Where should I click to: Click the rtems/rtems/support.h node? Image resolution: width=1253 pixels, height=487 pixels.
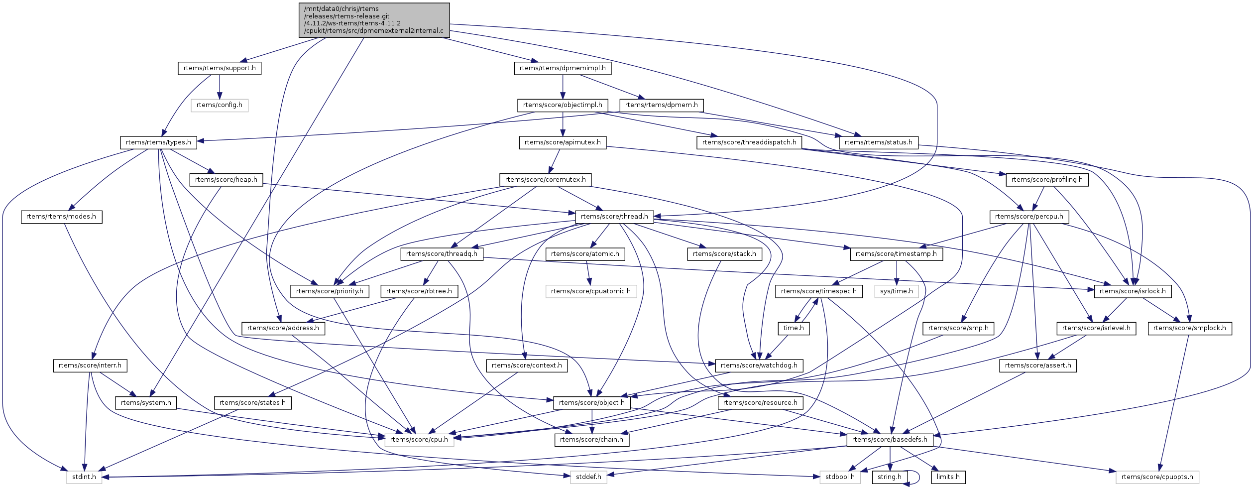pos(219,68)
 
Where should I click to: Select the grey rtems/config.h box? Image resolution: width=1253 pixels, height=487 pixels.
pos(219,105)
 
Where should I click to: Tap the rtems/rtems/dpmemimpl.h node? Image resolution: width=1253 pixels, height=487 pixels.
pos(563,68)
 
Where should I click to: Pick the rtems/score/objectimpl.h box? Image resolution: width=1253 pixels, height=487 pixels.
pos(563,105)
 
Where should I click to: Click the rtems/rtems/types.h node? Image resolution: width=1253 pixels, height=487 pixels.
pos(158,142)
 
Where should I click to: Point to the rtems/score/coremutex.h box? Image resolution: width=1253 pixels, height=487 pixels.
pos(545,180)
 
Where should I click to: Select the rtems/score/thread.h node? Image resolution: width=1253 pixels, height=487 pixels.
pos(614,217)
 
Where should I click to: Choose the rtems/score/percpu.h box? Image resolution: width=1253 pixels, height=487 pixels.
pos(1029,217)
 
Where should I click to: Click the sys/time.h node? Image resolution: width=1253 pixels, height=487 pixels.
pos(896,291)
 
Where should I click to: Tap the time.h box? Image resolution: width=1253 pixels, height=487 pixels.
pos(794,328)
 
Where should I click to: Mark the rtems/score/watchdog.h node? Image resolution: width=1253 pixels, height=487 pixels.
pos(759,365)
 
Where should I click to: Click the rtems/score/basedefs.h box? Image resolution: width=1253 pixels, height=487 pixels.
pos(890,440)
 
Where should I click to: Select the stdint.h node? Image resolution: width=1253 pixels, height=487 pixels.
pos(84,477)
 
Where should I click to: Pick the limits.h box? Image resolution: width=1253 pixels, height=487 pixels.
pos(948,477)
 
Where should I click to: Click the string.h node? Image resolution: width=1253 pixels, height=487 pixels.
pos(889,477)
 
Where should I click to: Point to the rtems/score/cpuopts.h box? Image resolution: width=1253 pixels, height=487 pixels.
pos(1157,477)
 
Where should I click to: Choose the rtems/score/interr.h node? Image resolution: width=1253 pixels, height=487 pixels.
pos(90,365)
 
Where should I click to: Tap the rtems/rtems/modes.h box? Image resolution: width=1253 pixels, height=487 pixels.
pos(61,217)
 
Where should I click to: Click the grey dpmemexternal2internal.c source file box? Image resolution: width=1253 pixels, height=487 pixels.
pos(374,20)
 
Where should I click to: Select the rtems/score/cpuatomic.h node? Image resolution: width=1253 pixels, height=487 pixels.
pos(590,291)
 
